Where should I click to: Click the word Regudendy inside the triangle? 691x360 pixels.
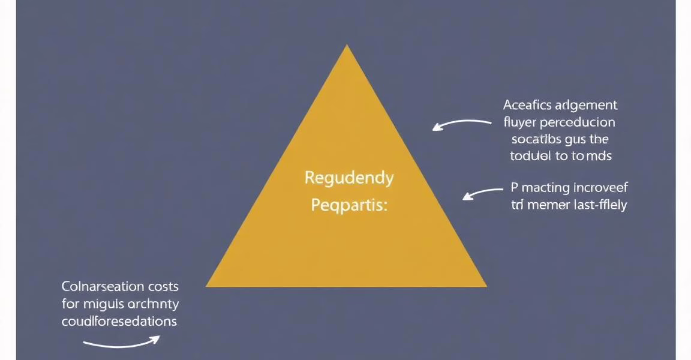[x=349, y=179]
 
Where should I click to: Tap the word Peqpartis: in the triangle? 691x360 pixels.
[x=349, y=206]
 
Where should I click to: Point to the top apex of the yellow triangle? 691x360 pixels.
[x=347, y=46]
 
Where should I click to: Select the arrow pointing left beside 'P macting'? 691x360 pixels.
[x=483, y=193]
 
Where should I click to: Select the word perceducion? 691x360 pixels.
[x=577, y=123]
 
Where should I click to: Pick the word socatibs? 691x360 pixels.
[x=537, y=140]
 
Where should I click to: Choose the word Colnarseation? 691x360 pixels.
[x=103, y=287]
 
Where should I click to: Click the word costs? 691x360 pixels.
[x=163, y=287]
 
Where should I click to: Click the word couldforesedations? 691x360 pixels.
[x=119, y=321]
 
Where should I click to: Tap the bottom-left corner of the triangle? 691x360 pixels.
[x=208, y=286]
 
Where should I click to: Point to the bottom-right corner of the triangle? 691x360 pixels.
[x=485, y=286]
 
